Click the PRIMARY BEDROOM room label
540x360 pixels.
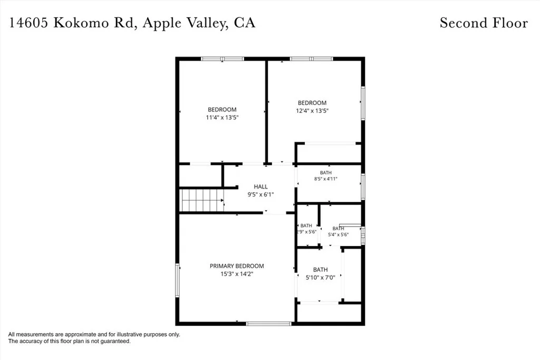[237, 266]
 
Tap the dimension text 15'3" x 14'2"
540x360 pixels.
[237, 274]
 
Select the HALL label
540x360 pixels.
[261, 187]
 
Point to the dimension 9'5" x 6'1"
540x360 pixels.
[261, 194]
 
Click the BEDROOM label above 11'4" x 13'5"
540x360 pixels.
[222, 110]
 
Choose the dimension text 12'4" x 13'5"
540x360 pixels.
[312, 111]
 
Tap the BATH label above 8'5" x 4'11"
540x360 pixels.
[326, 173]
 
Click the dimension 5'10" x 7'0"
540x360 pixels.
[320, 277]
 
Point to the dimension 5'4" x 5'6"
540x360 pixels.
[338, 235]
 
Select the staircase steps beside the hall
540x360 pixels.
[201, 200]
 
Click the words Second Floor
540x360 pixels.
[484, 23]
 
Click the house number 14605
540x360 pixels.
[28, 23]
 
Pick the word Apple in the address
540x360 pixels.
[162, 23]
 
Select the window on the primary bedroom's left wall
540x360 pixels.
[177, 280]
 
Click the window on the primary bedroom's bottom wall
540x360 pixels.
[268, 324]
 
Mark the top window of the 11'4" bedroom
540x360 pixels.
[223, 59]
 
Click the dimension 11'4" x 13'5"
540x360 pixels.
[222, 118]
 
